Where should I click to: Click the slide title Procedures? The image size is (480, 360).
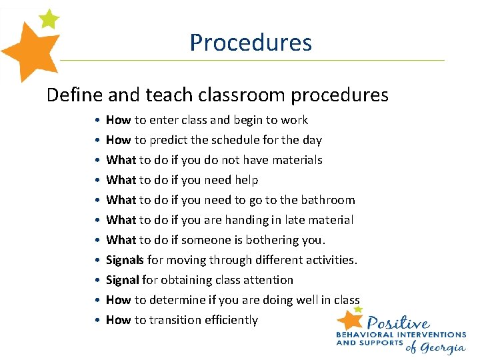[x=251, y=43]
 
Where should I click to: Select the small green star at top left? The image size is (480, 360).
[x=48, y=18]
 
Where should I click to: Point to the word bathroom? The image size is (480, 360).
[x=329, y=200]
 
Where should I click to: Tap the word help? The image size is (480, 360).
[x=246, y=180]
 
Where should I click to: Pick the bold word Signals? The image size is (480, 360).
[x=125, y=260]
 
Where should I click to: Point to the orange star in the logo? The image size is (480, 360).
[x=351, y=319]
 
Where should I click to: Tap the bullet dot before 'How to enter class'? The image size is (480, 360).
[x=97, y=121]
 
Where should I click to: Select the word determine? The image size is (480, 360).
[x=174, y=300]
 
